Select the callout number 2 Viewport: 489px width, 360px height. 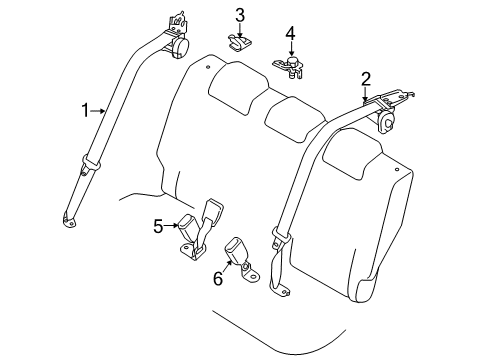coord(365,78)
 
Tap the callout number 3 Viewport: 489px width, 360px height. coord(240,14)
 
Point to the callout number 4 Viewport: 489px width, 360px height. coord(289,36)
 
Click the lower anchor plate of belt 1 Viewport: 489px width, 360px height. coord(69,221)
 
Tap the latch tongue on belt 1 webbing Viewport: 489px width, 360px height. coord(91,162)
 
